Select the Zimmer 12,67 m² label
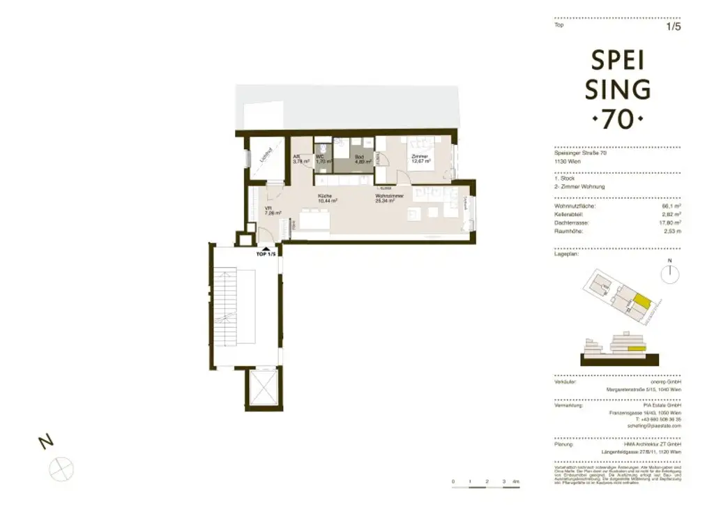tap(420, 159)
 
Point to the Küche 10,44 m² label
tap(327, 198)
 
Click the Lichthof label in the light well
tap(266, 156)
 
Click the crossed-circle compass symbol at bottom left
tap(61, 465)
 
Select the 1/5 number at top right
tap(674, 27)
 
